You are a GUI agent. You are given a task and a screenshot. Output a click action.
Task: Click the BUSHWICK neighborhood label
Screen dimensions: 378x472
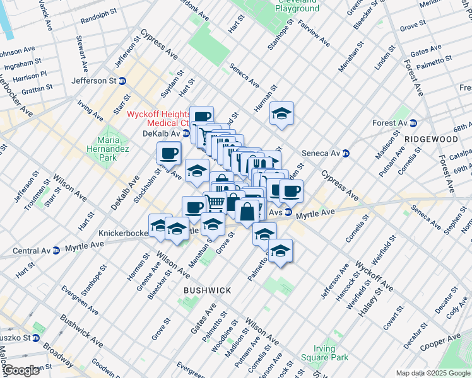(x=207, y=290)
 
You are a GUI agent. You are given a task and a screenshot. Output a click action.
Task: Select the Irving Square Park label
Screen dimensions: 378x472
(x=331, y=352)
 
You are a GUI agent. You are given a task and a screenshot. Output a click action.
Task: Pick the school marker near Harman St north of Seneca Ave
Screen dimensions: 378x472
(x=282, y=113)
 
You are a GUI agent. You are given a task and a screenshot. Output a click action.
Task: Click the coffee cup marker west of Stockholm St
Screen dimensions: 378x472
(x=169, y=152)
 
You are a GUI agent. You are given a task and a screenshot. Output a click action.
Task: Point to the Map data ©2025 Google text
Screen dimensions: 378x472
(x=432, y=373)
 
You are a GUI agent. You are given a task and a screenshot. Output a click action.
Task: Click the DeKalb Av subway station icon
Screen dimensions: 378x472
(x=186, y=134)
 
